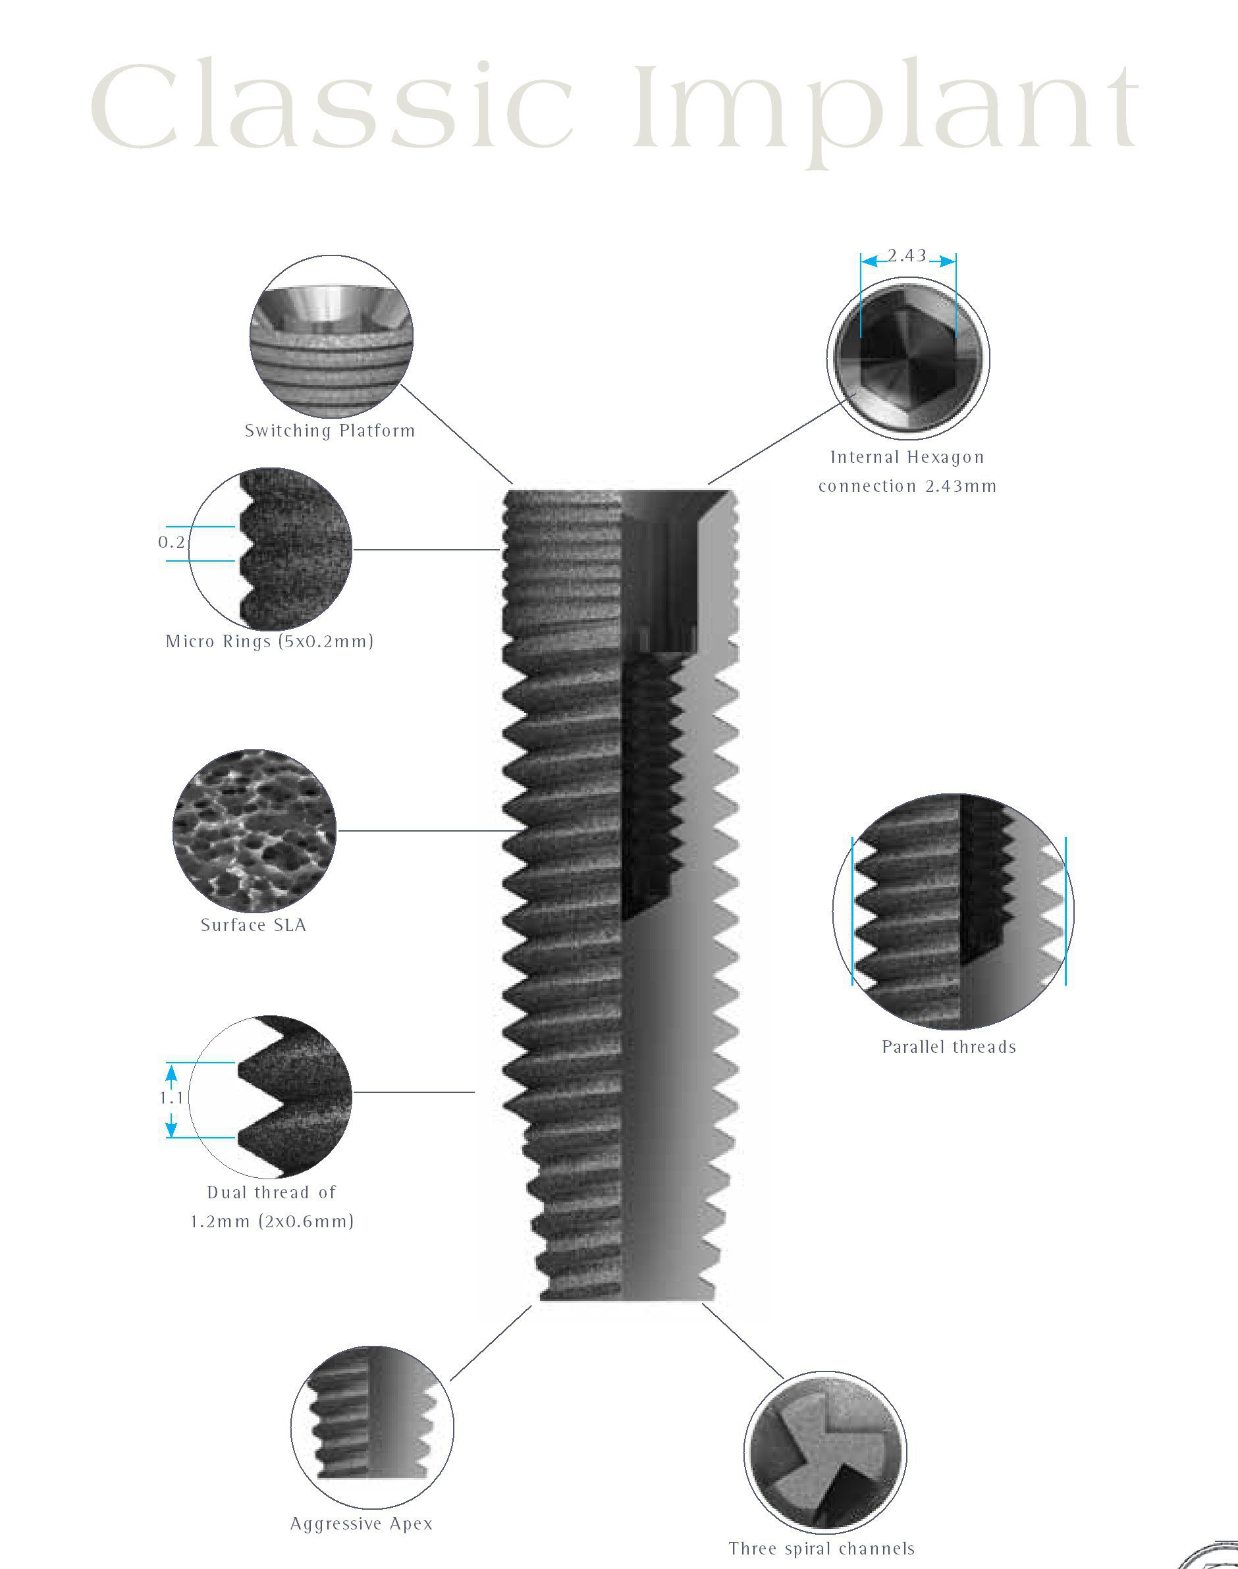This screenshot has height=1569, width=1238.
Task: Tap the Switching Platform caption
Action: [330, 431]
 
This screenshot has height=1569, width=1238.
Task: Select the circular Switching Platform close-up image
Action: [331, 336]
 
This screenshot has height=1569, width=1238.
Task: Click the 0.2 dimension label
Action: [171, 542]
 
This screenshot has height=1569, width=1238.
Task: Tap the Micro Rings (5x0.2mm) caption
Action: [269, 641]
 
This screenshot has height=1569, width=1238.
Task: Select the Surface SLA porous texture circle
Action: [254, 830]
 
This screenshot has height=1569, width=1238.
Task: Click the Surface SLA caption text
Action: [254, 926]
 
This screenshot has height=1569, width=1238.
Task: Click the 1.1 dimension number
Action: [171, 1098]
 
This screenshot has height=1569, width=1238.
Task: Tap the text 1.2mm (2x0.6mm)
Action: [272, 1221]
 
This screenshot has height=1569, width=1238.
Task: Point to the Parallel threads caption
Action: [948, 1046]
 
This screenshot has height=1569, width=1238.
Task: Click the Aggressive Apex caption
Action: [361, 1524]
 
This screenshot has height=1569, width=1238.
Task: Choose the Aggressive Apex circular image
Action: [371, 1426]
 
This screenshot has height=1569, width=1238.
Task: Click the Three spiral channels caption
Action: [821, 1549]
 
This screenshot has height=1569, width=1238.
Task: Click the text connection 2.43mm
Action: [907, 487]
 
